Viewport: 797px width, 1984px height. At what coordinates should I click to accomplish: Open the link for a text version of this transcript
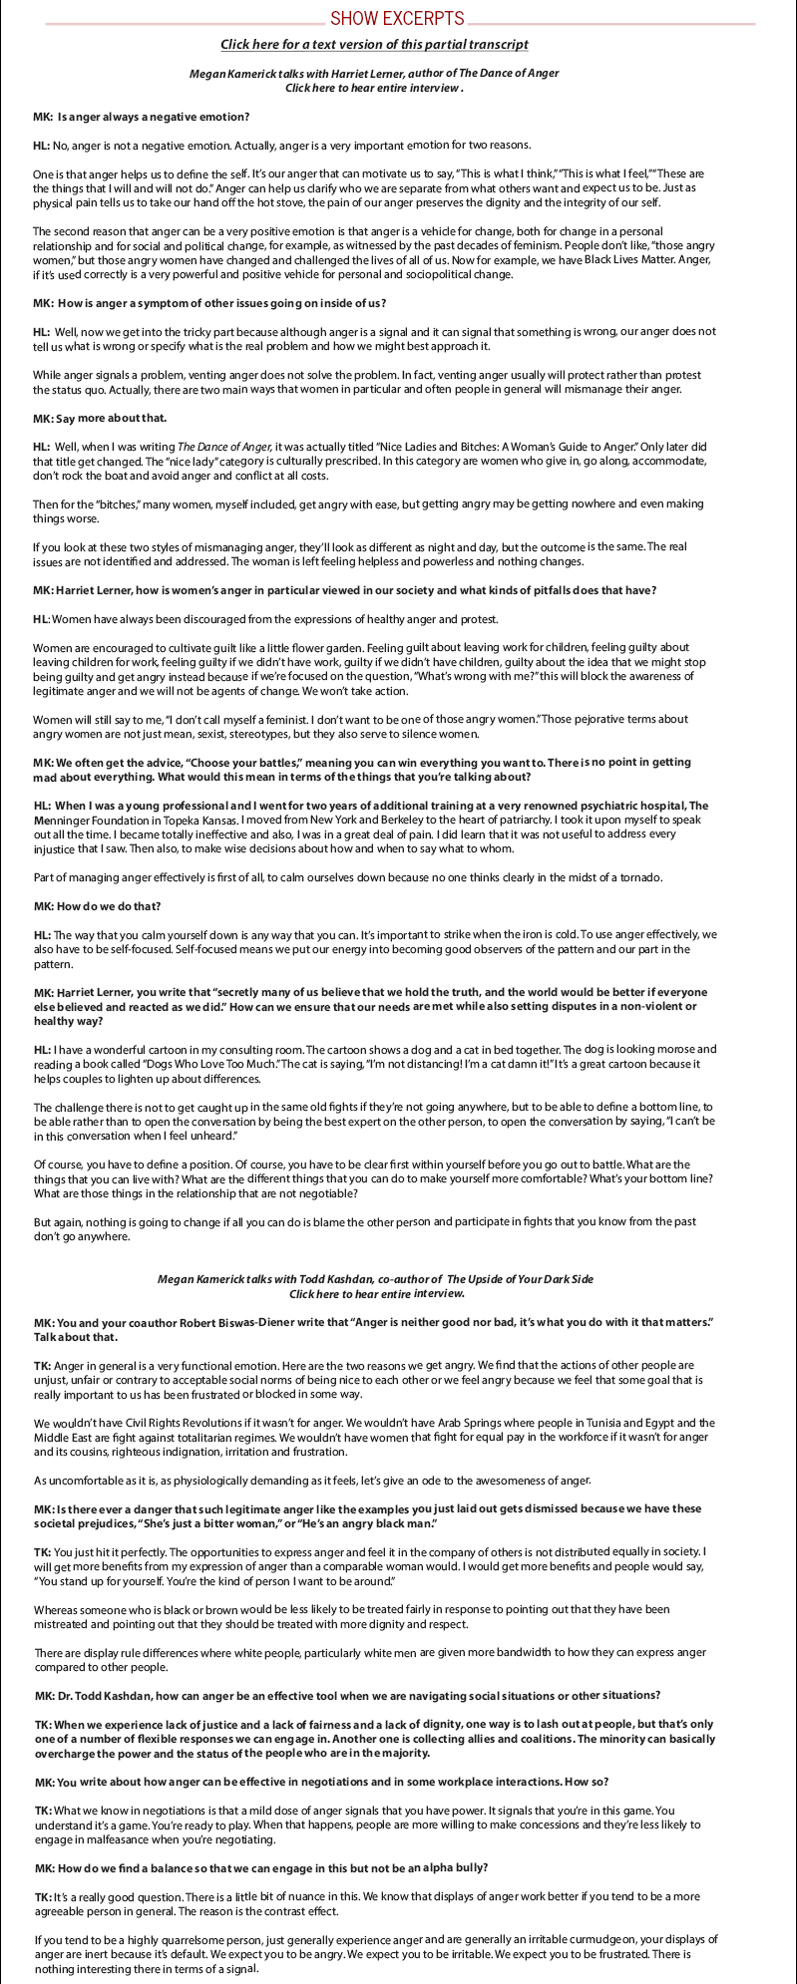coord(374,45)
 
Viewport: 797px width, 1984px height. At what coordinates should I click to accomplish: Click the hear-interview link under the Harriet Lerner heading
coord(374,88)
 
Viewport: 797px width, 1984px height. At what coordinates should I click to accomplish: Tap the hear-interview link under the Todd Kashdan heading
coord(377,1294)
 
